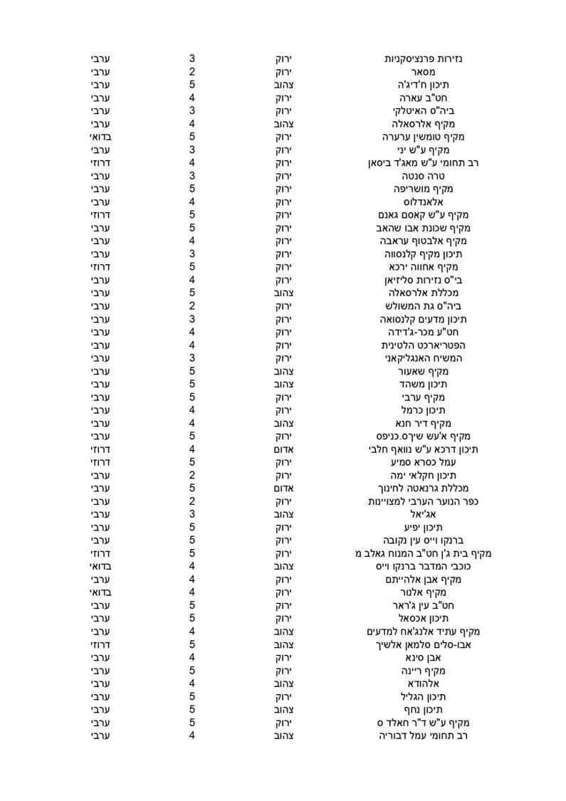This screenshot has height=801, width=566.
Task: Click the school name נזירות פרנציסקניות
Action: tap(423, 58)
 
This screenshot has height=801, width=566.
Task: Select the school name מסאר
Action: tap(423, 72)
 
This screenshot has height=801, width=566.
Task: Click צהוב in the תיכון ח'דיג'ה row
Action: tap(285, 85)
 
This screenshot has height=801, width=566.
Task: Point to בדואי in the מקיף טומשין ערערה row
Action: tap(99, 137)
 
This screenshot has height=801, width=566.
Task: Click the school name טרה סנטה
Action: tap(423, 176)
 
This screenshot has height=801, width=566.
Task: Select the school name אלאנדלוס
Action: tap(423, 202)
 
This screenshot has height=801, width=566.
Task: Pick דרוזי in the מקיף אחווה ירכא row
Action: tap(99, 267)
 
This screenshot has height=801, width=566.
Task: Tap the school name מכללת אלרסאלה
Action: tap(423, 293)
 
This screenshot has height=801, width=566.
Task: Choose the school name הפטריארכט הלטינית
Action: tap(423, 345)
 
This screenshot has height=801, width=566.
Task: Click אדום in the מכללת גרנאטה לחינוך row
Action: tap(285, 488)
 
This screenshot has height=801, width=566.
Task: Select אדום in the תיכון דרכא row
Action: tap(285, 449)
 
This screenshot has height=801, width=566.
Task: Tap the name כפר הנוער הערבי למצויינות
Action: tap(423, 501)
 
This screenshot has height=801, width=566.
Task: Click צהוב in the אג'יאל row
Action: tap(285, 514)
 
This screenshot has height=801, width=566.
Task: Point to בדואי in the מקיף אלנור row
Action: tap(99, 592)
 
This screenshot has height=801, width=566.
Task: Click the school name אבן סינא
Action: tap(423, 657)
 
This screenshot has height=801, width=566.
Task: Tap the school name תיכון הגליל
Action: tap(423, 696)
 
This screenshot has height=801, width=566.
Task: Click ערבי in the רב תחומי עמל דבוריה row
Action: tap(99, 735)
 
